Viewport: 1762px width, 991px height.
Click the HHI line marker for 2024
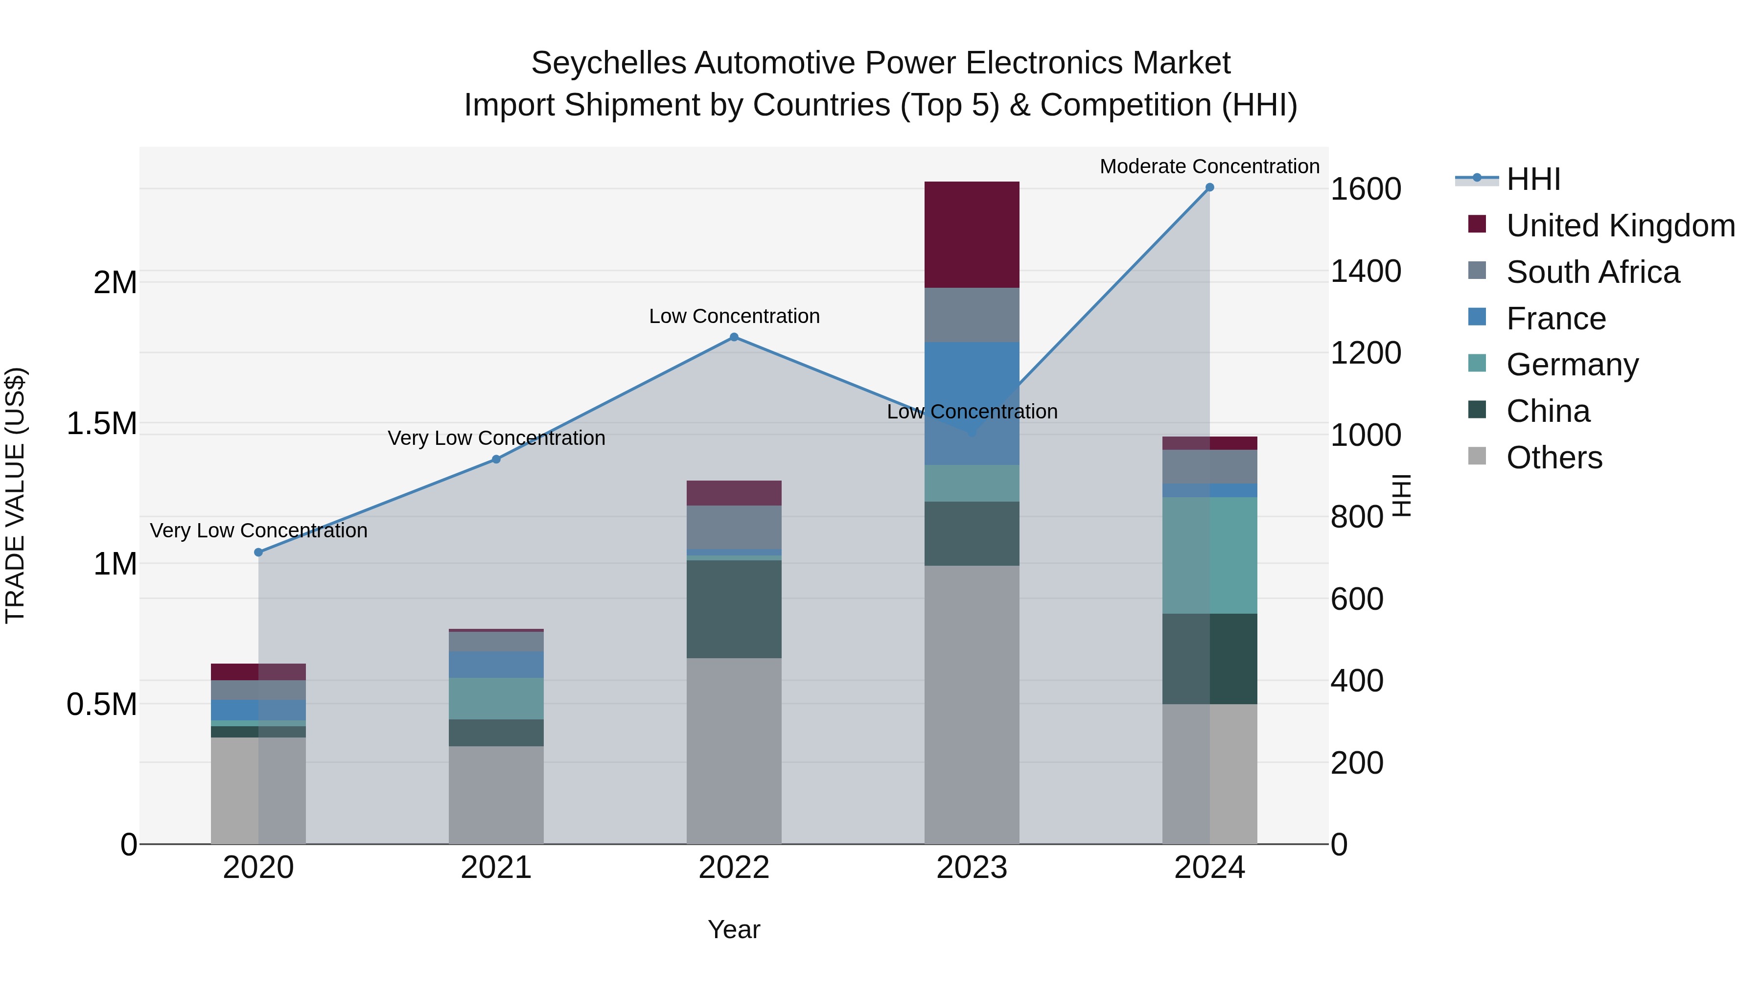[x=1209, y=187]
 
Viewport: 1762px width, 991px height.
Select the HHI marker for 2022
[x=734, y=337]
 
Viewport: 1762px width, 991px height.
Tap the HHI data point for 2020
[x=258, y=552]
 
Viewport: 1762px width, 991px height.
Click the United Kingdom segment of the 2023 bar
[x=971, y=234]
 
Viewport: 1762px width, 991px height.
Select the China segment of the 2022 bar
[x=734, y=609]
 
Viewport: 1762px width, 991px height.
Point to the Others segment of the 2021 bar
[x=496, y=794]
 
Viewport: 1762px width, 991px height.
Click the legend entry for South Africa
[x=1592, y=272]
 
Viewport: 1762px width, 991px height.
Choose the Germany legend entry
[x=1572, y=365]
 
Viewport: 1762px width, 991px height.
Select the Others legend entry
[x=1553, y=458]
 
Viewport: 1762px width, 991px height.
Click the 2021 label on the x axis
[x=496, y=868]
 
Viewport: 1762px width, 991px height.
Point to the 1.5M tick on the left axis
[x=102, y=423]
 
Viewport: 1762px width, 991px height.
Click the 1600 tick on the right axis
[x=1365, y=189]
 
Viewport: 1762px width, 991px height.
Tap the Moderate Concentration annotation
[x=1209, y=166]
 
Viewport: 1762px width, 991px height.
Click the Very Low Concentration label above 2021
[x=496, y=438]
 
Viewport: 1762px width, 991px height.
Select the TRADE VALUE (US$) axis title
[x=15, y=495]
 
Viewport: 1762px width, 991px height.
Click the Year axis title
[x=734, y=929]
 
